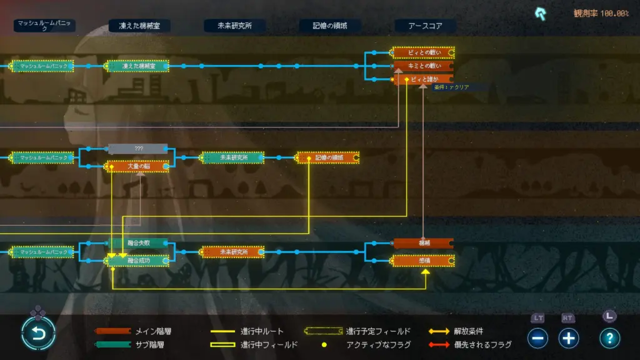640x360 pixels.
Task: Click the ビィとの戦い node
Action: click(x=423, y=52)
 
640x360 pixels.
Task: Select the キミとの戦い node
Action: click(x=423, y=66)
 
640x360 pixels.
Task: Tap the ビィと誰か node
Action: click(x=423, y=79)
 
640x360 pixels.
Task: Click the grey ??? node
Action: click(x=138, y=149)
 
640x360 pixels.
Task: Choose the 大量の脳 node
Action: click(x=138, y=166)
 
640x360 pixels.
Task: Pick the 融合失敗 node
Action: click(x=138, y=242)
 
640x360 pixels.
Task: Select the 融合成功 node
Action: click(x=138, y=259)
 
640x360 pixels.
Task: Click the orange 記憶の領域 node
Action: click(x=328, y=157)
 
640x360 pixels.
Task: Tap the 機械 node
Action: click(x=423, y=242)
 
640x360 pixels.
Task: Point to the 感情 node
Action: click(x=423, y=259)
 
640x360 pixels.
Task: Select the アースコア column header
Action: click(x=425, y=26)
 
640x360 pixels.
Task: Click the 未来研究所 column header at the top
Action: click(x=234, y=26)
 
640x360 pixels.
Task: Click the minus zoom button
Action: click(x=537, y=338)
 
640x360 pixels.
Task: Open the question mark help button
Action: click(x=609, y=338)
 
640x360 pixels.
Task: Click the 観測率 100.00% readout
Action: click(x=601, y=13)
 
